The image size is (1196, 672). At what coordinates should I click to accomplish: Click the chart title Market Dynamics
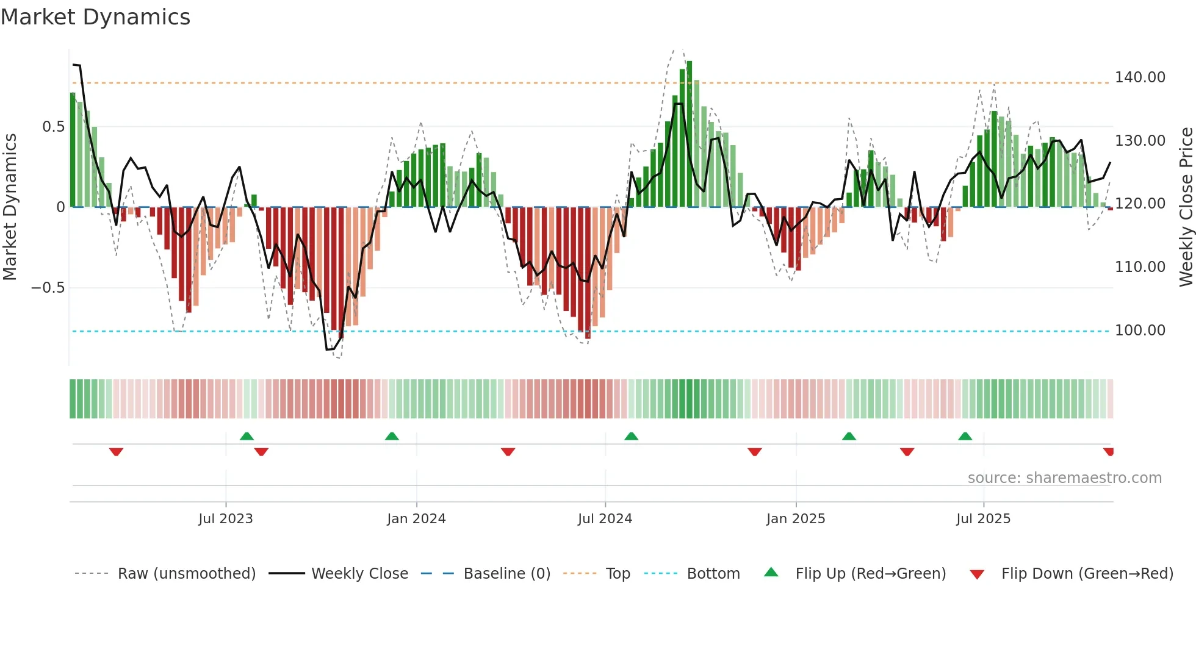point(95,17)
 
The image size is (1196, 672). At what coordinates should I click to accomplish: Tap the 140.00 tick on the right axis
point(1140,77)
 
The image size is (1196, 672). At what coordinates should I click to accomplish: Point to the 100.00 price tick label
point(1140,331)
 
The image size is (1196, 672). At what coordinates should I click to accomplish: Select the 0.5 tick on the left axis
point(53,127)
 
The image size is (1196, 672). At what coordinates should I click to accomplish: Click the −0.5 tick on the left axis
point(48,288)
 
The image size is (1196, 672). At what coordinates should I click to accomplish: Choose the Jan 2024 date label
point(416,519)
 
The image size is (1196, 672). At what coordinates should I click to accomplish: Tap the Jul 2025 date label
point(983,519)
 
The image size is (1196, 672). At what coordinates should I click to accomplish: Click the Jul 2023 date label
point(225,519)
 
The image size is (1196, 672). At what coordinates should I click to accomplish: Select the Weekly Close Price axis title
point(1186,207)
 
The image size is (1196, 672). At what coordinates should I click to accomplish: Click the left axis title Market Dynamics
point(10,207)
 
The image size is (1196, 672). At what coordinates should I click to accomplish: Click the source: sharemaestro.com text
point(1064,478)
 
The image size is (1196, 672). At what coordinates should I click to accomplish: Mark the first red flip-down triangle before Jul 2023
point(116,452)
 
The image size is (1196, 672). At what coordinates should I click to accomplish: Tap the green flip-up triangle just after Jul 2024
point(631,436)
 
